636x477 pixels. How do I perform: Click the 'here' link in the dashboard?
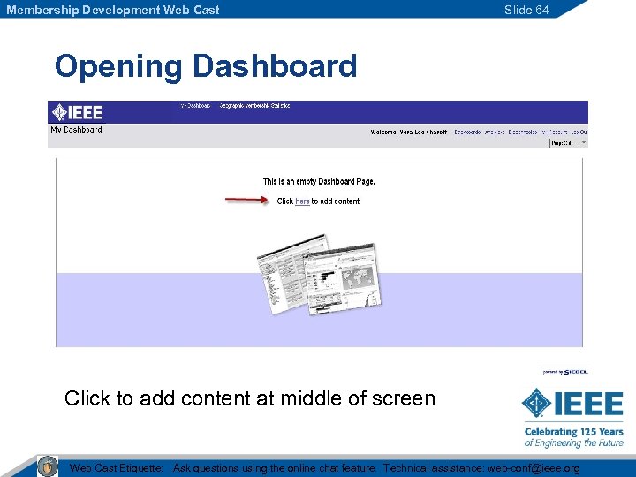[302, 201]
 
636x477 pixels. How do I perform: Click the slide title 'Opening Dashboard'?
[205, 66]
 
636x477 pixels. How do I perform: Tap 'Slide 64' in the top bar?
[526, 10]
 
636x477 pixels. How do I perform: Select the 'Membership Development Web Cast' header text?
[113, 10]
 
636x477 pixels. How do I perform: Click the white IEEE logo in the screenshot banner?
[77, 112]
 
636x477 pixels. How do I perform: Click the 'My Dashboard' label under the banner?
[76, 130]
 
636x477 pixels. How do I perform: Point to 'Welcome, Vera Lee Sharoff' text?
[409, 132]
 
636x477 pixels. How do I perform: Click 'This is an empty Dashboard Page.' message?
[319, 182]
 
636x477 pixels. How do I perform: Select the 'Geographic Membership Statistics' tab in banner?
[254, 106]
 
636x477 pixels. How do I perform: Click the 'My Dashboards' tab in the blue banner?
[195, 106]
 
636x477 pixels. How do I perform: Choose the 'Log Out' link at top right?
[579, 132]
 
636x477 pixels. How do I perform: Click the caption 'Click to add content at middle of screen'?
[250, 398]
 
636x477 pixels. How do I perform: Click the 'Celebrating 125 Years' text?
[573, 432]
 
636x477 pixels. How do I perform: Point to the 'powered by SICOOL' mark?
[564, 372]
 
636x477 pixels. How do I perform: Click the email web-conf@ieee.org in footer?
[534, 468]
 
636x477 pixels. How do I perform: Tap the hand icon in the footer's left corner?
[48, 466]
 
